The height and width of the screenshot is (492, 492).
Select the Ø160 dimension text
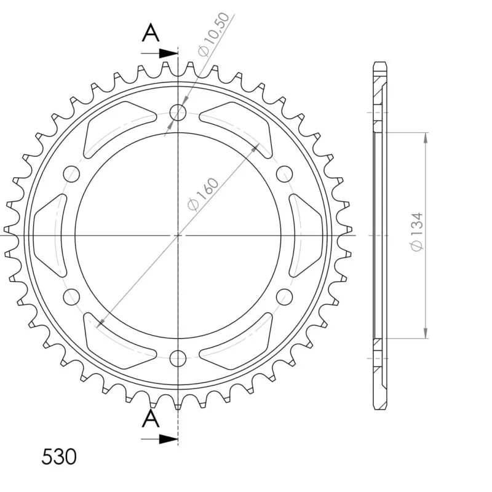(x=203, y=194)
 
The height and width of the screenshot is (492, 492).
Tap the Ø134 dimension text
(x=417, y=232)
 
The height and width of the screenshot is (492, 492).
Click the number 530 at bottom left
(x=59, y=456)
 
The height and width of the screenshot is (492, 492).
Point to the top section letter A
(x=151, y=34)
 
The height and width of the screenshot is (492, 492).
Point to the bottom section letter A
(x=151, y=419)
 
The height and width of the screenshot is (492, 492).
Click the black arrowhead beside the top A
(x=169, y=54)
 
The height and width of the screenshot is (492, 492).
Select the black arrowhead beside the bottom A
(x=169, y=439)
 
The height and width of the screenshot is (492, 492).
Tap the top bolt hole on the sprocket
(x=178, y=113)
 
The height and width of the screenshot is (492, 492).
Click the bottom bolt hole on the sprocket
(x=178, y=359)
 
